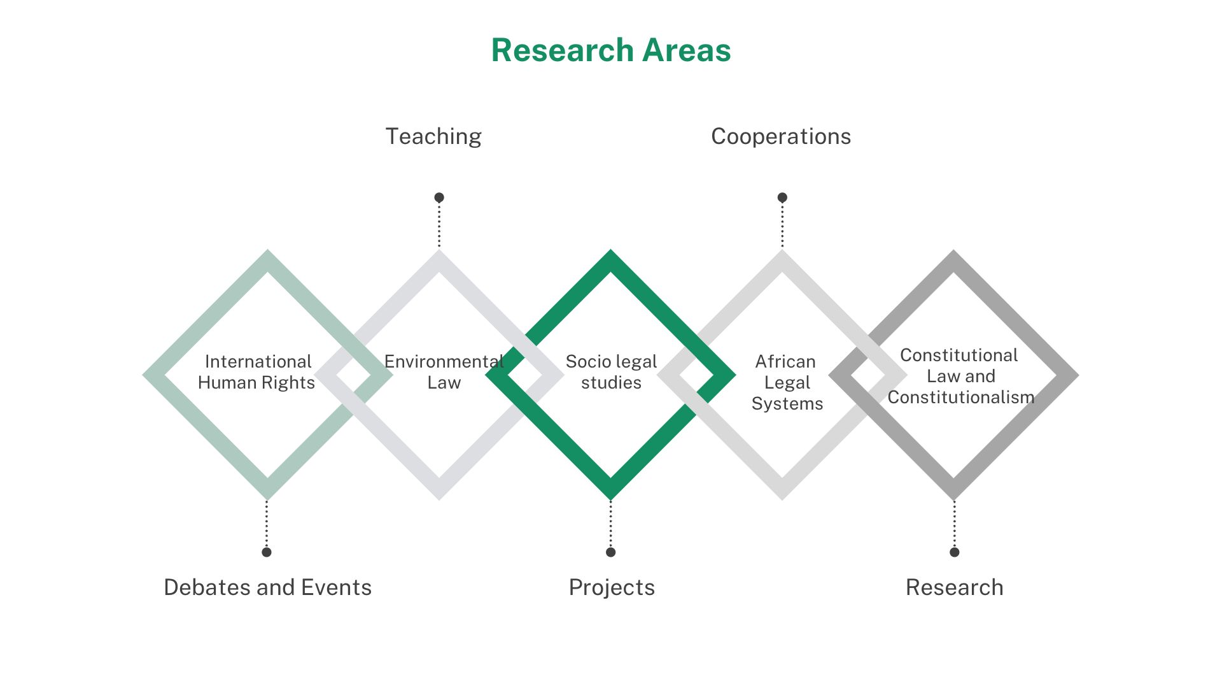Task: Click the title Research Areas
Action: coord(611,50)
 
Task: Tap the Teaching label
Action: coord(433,136)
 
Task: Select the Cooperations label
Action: coord(781,136)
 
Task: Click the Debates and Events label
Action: coord(267,587)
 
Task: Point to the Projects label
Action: coord(612,587)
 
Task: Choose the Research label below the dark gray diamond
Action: coord(954,587)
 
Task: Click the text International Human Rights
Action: coord(256,372)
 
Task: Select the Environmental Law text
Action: coord(444,372)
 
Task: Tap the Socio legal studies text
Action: coord(611,372)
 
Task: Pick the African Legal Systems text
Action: coord(787,382)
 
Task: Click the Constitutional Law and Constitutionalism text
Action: coord(960,376)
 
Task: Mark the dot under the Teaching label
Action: coord(439,197)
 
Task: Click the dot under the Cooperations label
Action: coord(782,197)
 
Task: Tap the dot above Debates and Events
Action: coord(267,552)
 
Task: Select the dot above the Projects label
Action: coord(610,552)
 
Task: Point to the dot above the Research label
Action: coord(954,552)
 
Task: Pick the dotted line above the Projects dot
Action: coord(610,524)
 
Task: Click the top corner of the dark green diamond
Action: coord(610,250)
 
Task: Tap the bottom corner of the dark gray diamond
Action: coord(953,500)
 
